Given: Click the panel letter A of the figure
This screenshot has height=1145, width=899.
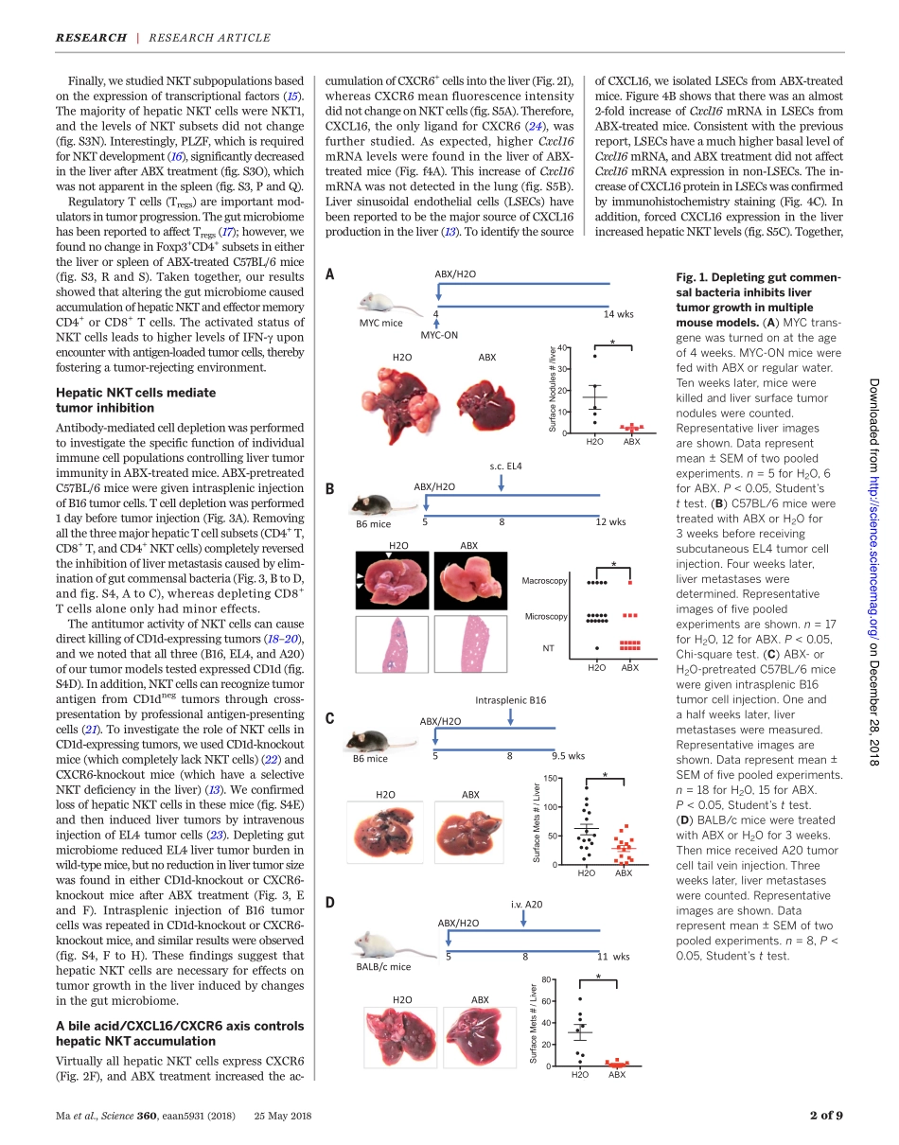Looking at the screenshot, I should click(x=329, y=274).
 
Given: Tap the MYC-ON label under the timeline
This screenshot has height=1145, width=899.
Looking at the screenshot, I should click(x=439, y=335).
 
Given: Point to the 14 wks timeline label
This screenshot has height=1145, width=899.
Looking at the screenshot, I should click(x=618, y=313).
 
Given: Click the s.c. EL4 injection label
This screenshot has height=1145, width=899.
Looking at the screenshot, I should click(x=505, y=466).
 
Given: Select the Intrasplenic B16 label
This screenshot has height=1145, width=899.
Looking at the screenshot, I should click(x=510, y=700).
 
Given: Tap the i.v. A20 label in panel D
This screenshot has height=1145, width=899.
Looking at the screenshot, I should click(x=526, y=905).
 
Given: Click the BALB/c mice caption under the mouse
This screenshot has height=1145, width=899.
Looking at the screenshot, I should click(x=383, y=967).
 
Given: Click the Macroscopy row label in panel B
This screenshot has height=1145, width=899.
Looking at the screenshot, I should click(x=544, y=580).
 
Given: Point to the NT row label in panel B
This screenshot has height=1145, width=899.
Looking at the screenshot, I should click(x=548, y=648).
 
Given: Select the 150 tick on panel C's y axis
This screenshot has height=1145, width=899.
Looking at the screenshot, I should click(x=550, y=779).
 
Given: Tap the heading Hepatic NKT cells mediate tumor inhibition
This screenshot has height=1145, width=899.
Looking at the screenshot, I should click(x=135, y=400).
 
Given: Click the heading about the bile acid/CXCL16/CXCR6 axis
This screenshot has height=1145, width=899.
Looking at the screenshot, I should click(x=180, y=1033).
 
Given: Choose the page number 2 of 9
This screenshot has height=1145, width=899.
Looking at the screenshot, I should click(x=825, y=1115).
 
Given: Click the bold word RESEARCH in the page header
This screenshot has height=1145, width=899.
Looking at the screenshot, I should click(x=91, y=38).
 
